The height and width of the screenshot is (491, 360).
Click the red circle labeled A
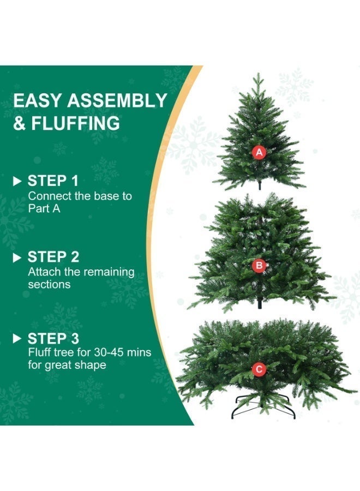click(x=259, y=152)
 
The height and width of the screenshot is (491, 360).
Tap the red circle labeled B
click(x=259, y=266)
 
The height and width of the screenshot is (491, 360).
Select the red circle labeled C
click(x=259, y=369)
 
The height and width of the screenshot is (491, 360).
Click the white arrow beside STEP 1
click(x=17, y=181)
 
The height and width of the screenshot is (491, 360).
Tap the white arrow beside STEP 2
click(x=17, y=257)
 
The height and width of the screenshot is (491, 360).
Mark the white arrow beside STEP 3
click(x=17, y=338)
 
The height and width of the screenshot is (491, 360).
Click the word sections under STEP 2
click(x=49, y=284)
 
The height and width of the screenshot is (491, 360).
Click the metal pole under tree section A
click(x=260, y=185)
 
